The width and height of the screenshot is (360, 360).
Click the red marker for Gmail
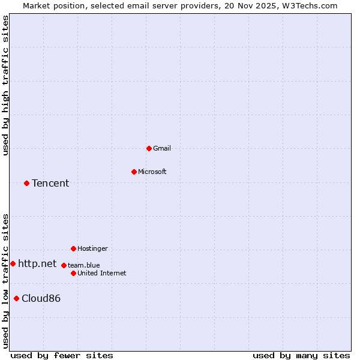pos(149,148)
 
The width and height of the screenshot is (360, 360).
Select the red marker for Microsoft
pos(134,172)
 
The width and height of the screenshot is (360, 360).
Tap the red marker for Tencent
pos(26,183)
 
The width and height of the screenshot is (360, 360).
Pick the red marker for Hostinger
pos(73,248)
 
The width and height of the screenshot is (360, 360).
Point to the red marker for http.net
pos(13,263)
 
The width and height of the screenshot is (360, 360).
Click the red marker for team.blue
pos(64,265)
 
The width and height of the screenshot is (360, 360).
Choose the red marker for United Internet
pos(73,273)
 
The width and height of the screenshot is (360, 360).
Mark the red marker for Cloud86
pos(16,298)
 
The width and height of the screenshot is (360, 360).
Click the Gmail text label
pos(162,148)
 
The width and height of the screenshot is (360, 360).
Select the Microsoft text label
pos(152,172)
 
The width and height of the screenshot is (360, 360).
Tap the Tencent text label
pos(50,183)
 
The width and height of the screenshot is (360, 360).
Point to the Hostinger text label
pos(92,248)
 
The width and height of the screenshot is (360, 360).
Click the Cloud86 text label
pos(41,298)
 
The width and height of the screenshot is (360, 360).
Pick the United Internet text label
pos(102,273)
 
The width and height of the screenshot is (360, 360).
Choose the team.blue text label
pos(84,265)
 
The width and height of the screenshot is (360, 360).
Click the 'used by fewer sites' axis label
pos(62,355)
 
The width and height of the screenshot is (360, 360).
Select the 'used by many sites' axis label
pos(301,355)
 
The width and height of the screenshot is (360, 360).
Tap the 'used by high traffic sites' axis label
pos(5,85)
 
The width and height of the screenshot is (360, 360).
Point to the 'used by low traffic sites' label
pos(5,281)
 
